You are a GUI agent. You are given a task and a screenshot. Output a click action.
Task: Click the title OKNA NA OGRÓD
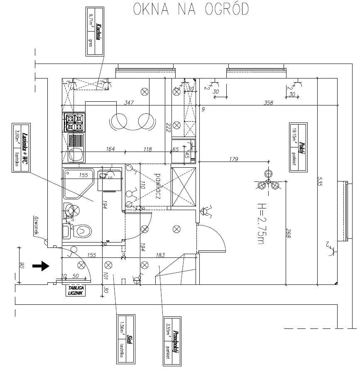191,10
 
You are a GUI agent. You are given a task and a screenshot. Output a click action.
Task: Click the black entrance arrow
41,266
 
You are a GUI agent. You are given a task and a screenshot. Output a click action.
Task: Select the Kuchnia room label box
94,32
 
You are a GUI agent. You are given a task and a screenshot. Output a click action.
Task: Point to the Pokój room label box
298,147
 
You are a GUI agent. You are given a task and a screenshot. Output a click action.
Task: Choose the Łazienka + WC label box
21,148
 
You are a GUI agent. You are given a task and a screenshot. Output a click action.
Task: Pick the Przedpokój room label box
172,341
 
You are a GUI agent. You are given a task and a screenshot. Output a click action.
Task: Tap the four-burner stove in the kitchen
75,123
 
